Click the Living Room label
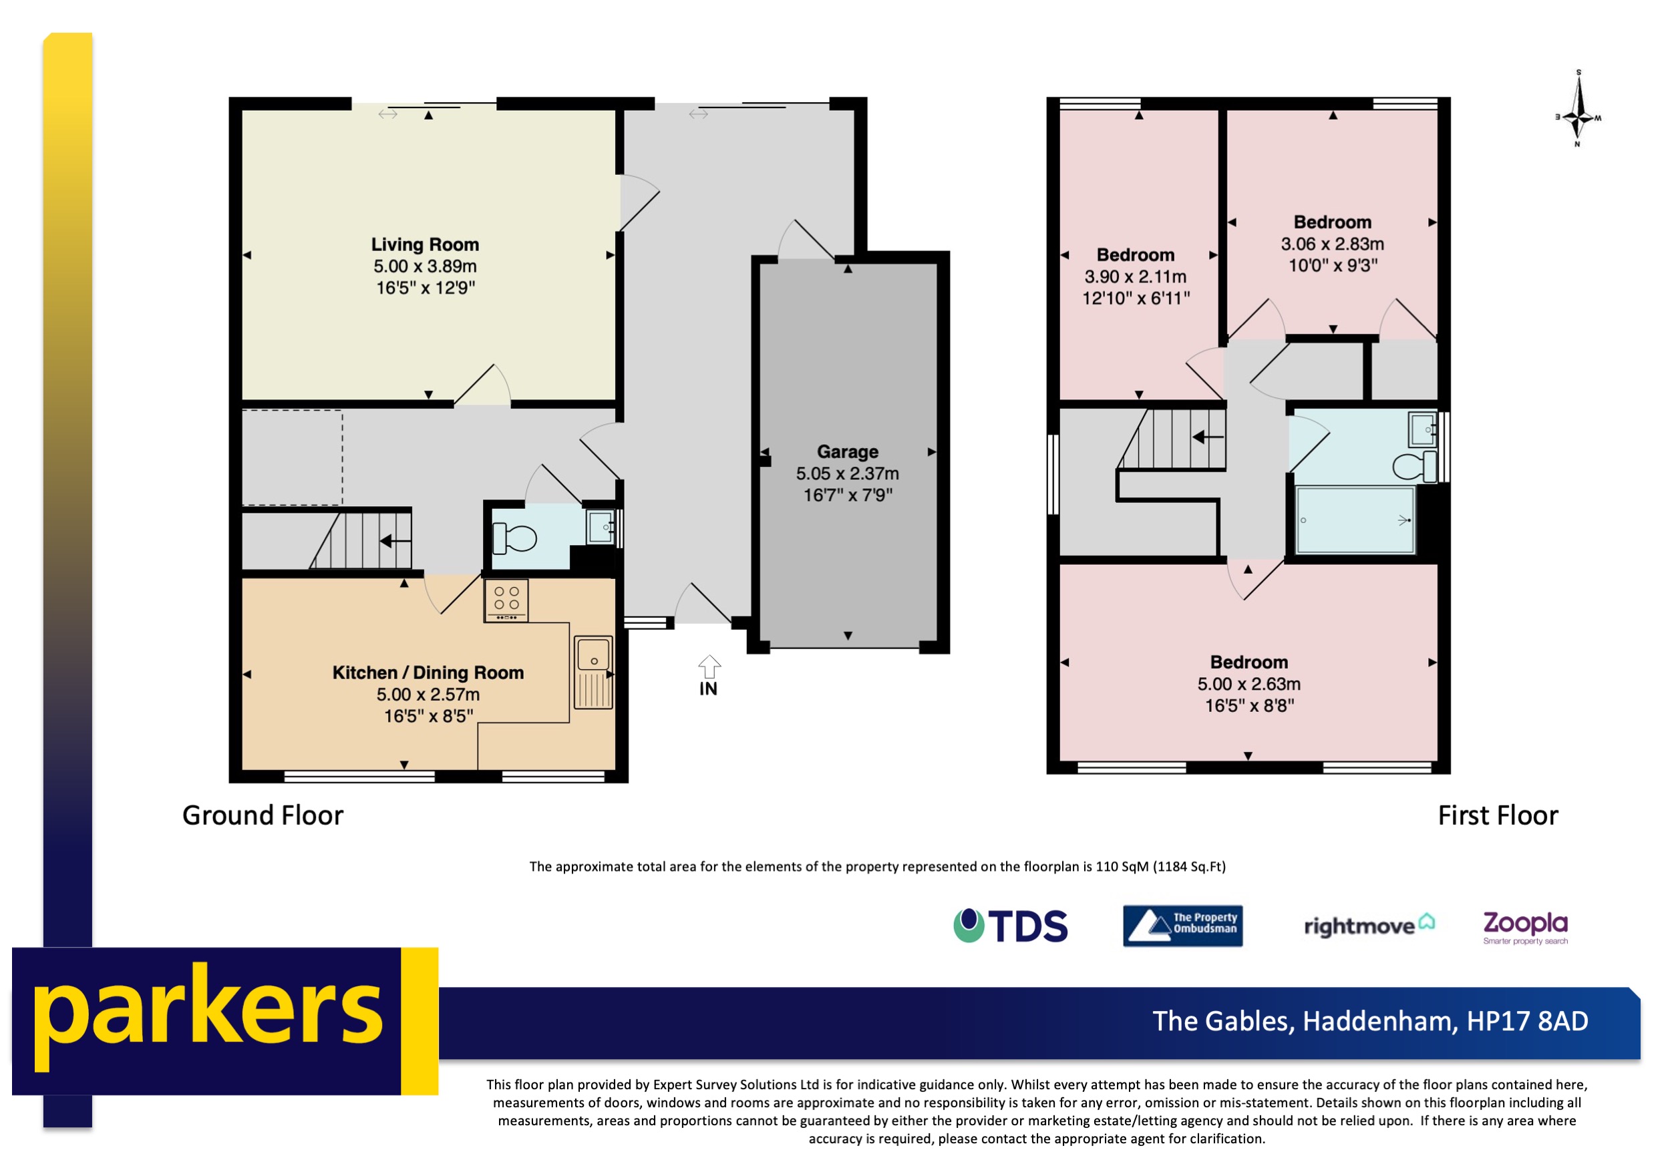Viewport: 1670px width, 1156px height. click(x=425, y=245)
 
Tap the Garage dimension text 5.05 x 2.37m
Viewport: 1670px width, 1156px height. click(x=847, y=473)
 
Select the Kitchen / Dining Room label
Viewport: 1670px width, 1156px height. click(x=428, y=673)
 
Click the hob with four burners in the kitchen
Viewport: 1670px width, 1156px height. click(x=506, y=600)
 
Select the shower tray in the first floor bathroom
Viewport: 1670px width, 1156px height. click(x=1354, y=520)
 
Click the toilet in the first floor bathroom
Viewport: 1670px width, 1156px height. click(x=1413, y=465)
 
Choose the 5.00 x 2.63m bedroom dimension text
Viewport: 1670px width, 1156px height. click(x=1248, y=684)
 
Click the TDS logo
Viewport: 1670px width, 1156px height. click(x=1010, y=926)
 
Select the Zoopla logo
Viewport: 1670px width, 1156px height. click(x=1524, y=926)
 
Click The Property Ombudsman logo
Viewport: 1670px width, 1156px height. click(x=1182, y=926)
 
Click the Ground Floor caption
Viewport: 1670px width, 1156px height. click(x=263, y=815)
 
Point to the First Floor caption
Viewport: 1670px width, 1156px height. click(x=1497, y=815)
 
